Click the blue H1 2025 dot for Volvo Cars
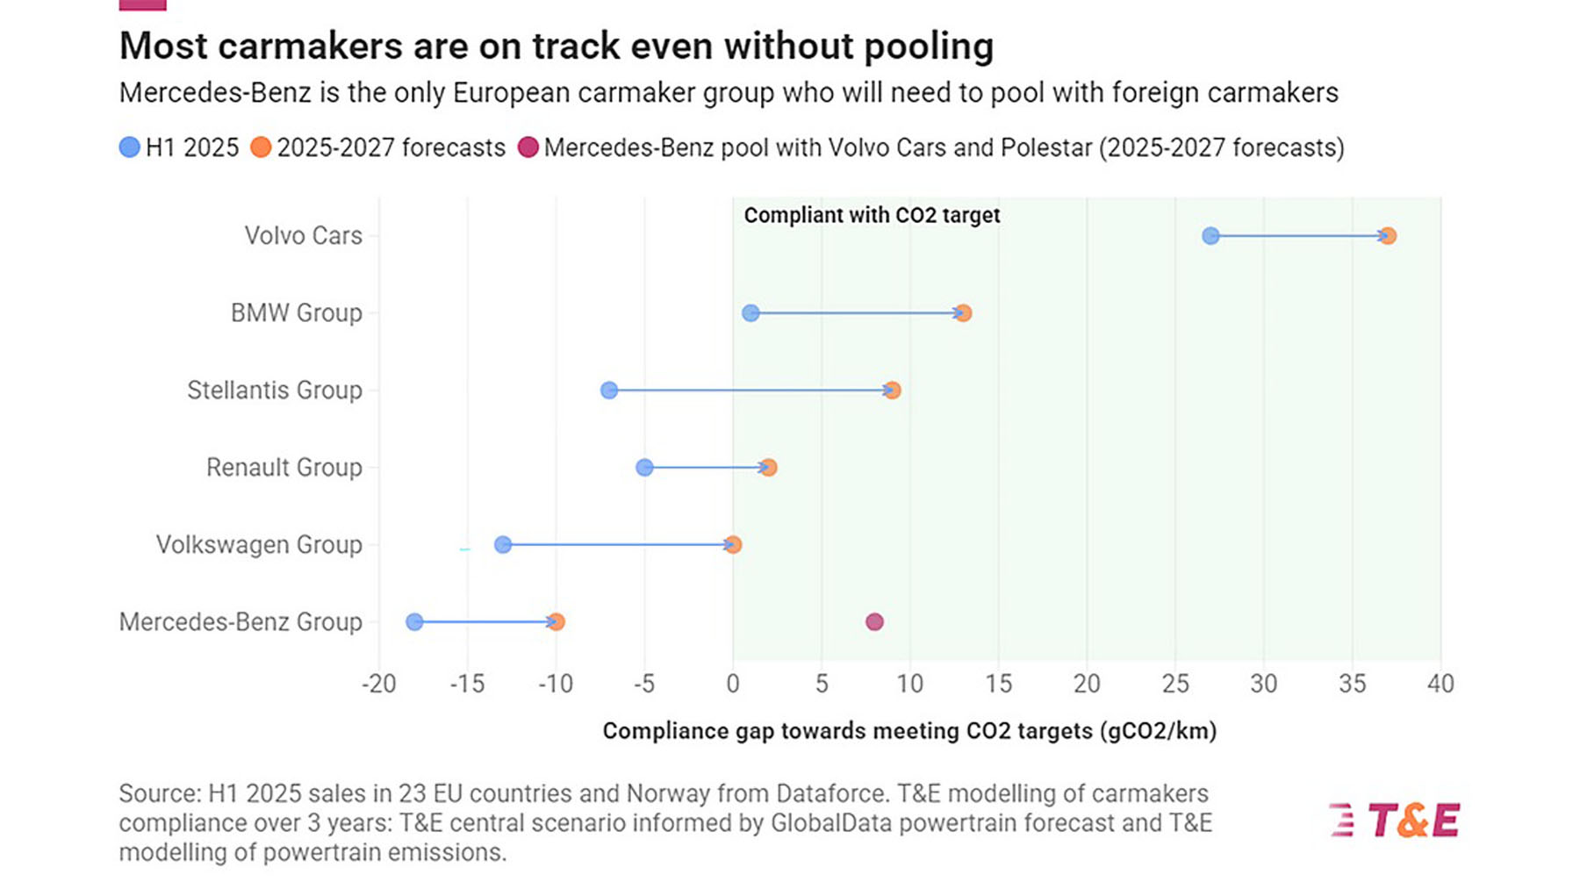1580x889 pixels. click(x=1210, y=235)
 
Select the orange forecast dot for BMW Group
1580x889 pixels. click(x=964, y=313)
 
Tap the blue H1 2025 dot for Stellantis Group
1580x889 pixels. click(x=609, y=391)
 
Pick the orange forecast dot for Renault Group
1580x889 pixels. click(x=769, y=468)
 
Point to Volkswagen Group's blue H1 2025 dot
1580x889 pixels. click(x=503, y=545)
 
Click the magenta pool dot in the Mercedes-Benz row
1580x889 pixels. click(x=874, y=622)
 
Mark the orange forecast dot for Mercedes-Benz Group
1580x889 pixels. click(x=557, y=622)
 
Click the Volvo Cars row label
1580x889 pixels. click(x=303, y=235)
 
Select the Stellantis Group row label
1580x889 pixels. click(x=274, y=391)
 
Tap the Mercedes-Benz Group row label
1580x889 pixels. click(x=241, y=622)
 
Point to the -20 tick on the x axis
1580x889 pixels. click(x=378, y=684)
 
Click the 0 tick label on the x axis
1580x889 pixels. click(x=733, y=684)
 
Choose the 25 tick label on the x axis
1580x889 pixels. click(x=1175, y=684)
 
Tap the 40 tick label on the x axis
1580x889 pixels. click(x=1440, y=684)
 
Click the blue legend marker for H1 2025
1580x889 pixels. click(x=130, y=147)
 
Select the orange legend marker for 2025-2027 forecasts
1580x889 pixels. click(x=261, y=147)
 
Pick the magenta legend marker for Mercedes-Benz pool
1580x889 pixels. click(x=528, y=147)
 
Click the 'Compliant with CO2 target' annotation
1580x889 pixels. click(x=872, y=215)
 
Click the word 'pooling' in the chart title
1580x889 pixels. click(x=929, y=47)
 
